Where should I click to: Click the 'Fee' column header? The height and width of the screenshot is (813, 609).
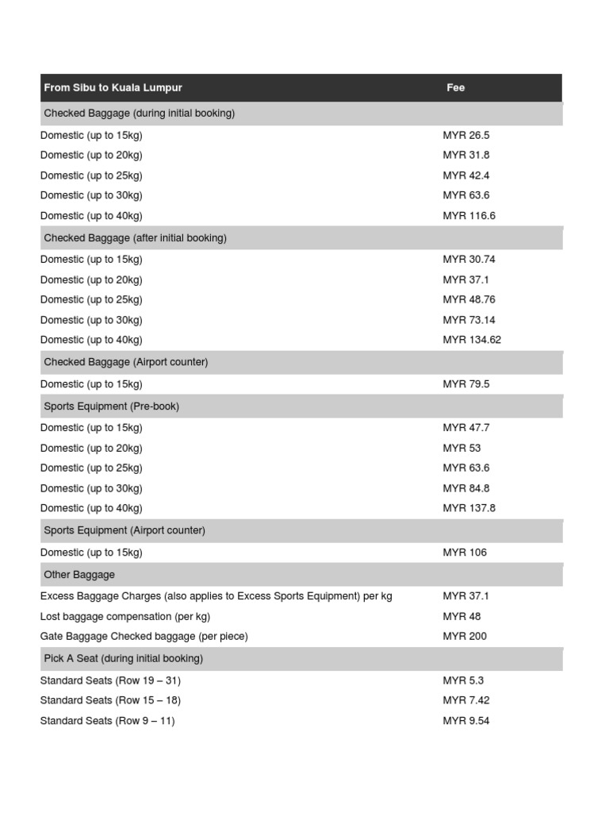(455, 88)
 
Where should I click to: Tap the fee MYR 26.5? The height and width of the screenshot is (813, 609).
(466, 136)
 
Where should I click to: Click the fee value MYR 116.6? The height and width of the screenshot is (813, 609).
(469, 216)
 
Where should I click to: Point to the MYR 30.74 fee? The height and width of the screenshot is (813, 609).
(469, 260)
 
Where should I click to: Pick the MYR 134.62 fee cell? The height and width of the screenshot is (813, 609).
(473, 340)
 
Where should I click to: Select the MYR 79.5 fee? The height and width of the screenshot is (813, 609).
(466, 384)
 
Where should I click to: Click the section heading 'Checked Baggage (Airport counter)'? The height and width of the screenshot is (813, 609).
(126, 362)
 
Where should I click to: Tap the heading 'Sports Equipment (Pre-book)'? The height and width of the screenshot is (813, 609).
(112, 406)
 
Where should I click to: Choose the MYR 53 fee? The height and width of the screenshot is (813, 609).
(462, 449)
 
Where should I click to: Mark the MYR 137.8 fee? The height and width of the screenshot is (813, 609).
(469, 508)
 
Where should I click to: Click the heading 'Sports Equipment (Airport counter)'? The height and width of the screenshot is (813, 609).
(124, 530)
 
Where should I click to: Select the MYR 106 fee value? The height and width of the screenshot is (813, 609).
(465, 553)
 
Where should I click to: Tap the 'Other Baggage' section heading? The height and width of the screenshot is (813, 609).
(79, 575)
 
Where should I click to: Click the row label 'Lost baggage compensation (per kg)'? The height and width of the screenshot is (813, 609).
(125, 617)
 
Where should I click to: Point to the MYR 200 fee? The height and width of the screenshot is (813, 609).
(465, 637)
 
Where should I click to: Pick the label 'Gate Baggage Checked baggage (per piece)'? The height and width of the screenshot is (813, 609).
(144, 637)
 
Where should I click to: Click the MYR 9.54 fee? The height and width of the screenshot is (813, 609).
(466, 721)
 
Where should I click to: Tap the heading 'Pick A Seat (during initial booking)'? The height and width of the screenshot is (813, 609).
(124, 659)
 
